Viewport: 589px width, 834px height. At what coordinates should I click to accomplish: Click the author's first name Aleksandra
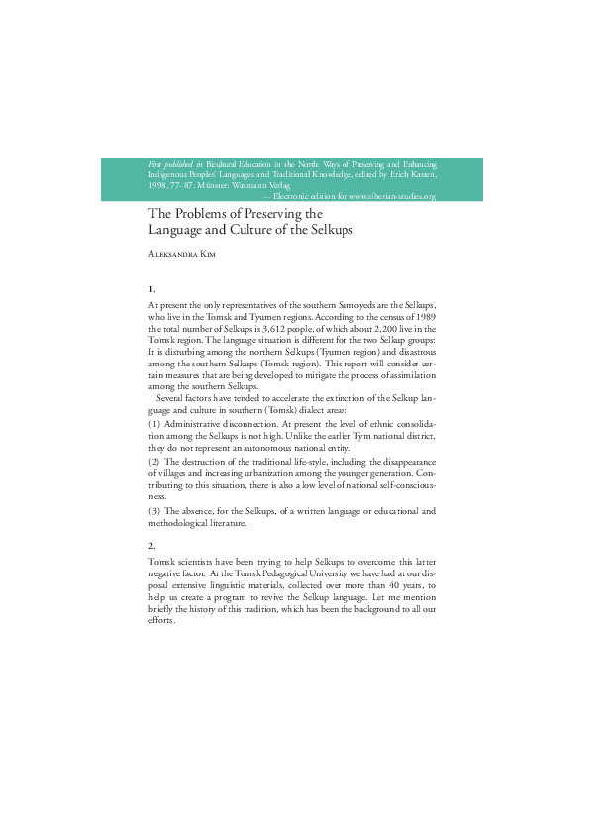174,255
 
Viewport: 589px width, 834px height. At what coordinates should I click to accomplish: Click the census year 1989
424,316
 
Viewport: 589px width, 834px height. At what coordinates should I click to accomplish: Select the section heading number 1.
151,287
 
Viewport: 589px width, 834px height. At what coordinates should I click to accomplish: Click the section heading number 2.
151,546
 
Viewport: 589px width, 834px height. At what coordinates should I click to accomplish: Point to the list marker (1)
154,424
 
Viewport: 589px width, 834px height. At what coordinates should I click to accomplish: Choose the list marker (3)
154,510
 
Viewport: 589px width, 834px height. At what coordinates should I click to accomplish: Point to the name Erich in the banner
382,174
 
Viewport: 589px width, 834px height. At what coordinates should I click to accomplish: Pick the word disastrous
414,352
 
